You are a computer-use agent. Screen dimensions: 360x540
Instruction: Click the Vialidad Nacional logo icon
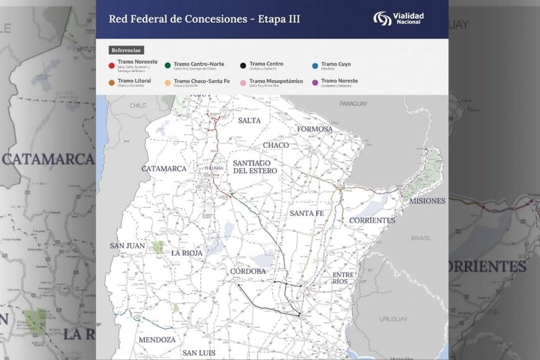[x=381, y=19]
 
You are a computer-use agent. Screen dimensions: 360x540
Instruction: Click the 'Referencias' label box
[x=127, y=50]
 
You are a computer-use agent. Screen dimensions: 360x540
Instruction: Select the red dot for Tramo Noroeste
[x=111, y=65]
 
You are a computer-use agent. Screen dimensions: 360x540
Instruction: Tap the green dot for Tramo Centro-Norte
[x=168, y=65]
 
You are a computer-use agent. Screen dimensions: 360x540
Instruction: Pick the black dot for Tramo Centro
[x=242, y=65]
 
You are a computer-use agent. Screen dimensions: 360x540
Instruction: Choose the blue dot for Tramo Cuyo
[x=315, y=65]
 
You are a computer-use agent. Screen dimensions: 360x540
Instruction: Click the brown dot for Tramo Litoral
[x=111, y=81]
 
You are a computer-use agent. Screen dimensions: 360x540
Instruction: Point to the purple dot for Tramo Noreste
[x=315, y=81]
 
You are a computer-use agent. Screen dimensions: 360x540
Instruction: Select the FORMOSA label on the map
[x=315, y=129]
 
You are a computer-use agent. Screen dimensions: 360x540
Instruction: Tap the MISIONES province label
[x=423, y=200]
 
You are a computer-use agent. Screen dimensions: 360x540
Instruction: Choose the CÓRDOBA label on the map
[x=247, y=271]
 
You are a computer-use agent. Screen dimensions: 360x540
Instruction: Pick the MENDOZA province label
[x=157, y=340]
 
